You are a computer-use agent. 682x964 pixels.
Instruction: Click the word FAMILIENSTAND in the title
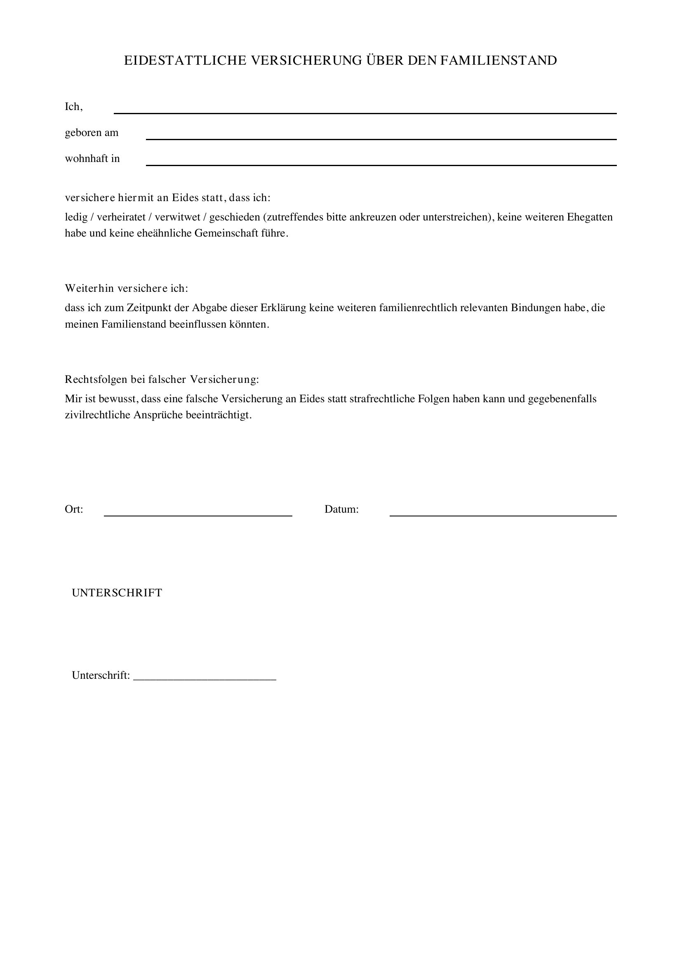(x=499, y=61)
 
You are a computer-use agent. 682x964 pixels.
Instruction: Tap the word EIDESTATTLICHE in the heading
(x=185, y=61)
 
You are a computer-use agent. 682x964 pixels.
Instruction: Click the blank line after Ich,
(x=365, y=110)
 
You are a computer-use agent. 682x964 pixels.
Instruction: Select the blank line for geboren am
(x=381, y=136)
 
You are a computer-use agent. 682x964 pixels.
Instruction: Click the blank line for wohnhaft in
(x=381, y=162)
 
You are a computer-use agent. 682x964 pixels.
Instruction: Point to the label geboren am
(x=92, y=133)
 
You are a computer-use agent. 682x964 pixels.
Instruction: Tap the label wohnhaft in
(x=92, y=159)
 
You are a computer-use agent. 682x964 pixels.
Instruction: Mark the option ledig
(x=76, y=217)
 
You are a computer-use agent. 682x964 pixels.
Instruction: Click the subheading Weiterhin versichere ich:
(x=127, y=288)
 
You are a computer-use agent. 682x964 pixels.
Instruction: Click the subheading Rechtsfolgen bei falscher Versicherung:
(x=162, y=380)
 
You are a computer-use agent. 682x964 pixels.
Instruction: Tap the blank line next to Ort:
(x=198, y=512)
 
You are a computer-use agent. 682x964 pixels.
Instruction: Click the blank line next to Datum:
(x=503, y=512)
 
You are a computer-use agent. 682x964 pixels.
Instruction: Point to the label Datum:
(x=341, y=510)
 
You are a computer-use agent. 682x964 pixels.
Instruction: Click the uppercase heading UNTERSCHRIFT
(x=117, y=593)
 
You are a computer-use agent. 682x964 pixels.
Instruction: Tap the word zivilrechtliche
(x=97, y=415)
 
